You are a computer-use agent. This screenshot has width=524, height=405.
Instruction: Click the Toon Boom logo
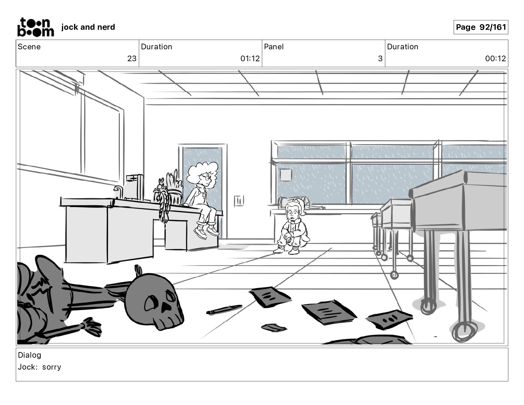click(35, 27)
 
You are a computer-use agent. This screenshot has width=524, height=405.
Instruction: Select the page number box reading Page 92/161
click(481, 27)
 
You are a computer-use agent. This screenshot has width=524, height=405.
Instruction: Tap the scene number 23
click(132, 59)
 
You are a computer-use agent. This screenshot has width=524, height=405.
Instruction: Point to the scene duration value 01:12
click(250, 59)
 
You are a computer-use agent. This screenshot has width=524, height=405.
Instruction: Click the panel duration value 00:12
click(495, 59)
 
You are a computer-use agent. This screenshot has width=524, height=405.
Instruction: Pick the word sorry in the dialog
click(52, 367)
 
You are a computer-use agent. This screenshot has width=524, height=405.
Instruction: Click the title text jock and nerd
click(88, 27)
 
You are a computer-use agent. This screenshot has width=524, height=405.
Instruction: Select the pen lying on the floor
click(224, 310)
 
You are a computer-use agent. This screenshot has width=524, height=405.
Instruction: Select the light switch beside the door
click(239, 201)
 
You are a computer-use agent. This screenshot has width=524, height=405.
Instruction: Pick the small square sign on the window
click(285, 174)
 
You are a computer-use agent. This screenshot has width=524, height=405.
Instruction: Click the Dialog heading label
click(29, 355)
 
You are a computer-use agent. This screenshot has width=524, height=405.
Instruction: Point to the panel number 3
click(380, 59)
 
